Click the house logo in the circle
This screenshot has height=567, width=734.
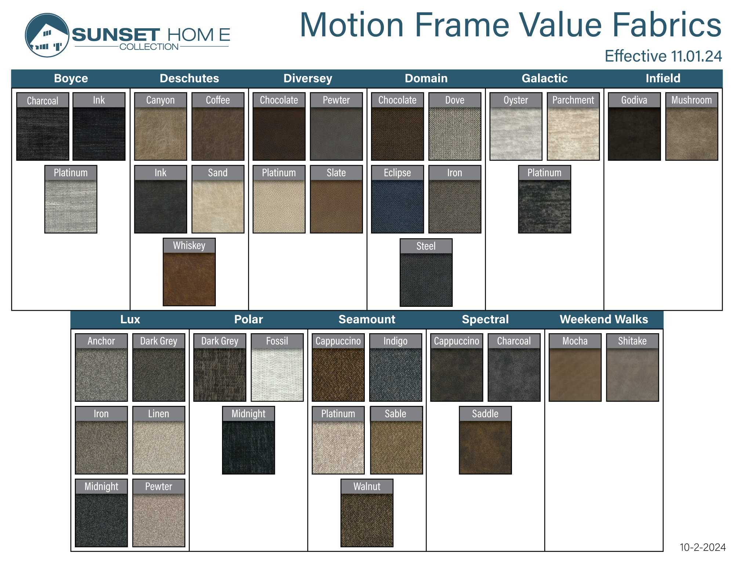click(x=47, y=35)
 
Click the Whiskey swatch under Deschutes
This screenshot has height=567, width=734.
click(x=189, y=272)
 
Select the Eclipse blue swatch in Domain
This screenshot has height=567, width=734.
click(x=397, y=199)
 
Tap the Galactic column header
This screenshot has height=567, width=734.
click(x=545, y=78)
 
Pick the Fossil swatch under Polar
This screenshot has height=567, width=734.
click(x=277, y=367)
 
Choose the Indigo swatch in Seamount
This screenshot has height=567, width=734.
click(x=396, y=367)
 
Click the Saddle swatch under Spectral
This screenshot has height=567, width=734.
click(x=485, y=440)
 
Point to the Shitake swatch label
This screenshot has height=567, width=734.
click(x=632, y=341)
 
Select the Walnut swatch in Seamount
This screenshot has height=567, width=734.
click(x=367, y=513)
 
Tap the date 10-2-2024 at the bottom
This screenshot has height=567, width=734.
click(x=702, y=547)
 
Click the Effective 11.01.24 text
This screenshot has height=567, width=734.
click(x=663, y=56)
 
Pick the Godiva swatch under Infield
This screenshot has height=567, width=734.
click(x=634, y=127)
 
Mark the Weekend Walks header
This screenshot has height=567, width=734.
click(x=604, y=319)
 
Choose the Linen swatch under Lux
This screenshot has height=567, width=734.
click(x=159, y=440)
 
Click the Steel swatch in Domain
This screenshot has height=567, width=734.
click(x=426, y=273)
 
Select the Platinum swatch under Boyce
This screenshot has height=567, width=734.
click(x=71, y=199)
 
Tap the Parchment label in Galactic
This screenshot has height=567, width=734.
click(x=573, y=100)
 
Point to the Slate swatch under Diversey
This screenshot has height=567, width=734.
click(x=336, y=199)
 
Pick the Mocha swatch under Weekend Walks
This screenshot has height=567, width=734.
click(x=575, y=367)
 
